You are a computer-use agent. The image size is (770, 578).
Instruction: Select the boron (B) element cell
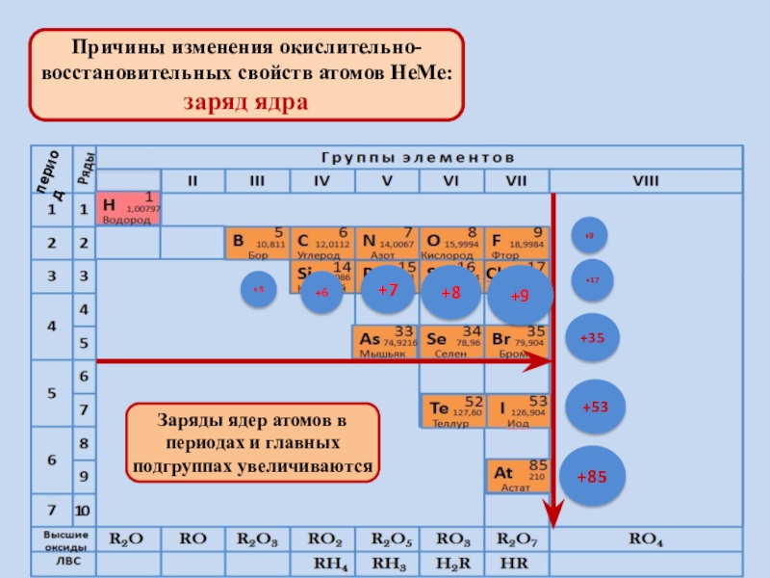[255, 243]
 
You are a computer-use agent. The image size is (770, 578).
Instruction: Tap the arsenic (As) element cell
[385, 341]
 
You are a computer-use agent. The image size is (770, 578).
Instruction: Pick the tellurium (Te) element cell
[451, 411]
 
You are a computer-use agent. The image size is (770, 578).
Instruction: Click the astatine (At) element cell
[517, 474]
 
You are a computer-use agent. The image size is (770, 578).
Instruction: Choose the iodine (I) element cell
[517, 411]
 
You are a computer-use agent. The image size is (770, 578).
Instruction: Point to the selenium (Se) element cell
[451, 341]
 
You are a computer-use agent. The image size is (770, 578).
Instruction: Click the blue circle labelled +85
[593, 477]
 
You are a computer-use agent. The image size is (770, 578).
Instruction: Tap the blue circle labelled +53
[595, 407]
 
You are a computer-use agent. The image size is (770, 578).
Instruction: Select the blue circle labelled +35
[592, 338]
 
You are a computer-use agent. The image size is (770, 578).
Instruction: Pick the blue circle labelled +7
[387, 290]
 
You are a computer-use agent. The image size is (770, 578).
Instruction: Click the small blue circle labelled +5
[258, 290]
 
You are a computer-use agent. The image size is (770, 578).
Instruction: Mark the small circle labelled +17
[592, 279]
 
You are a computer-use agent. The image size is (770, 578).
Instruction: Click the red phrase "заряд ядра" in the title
[246, 102]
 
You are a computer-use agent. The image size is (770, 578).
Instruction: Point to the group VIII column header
[646, 180]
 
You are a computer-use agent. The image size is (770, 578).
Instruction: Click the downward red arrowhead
[552, 509]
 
